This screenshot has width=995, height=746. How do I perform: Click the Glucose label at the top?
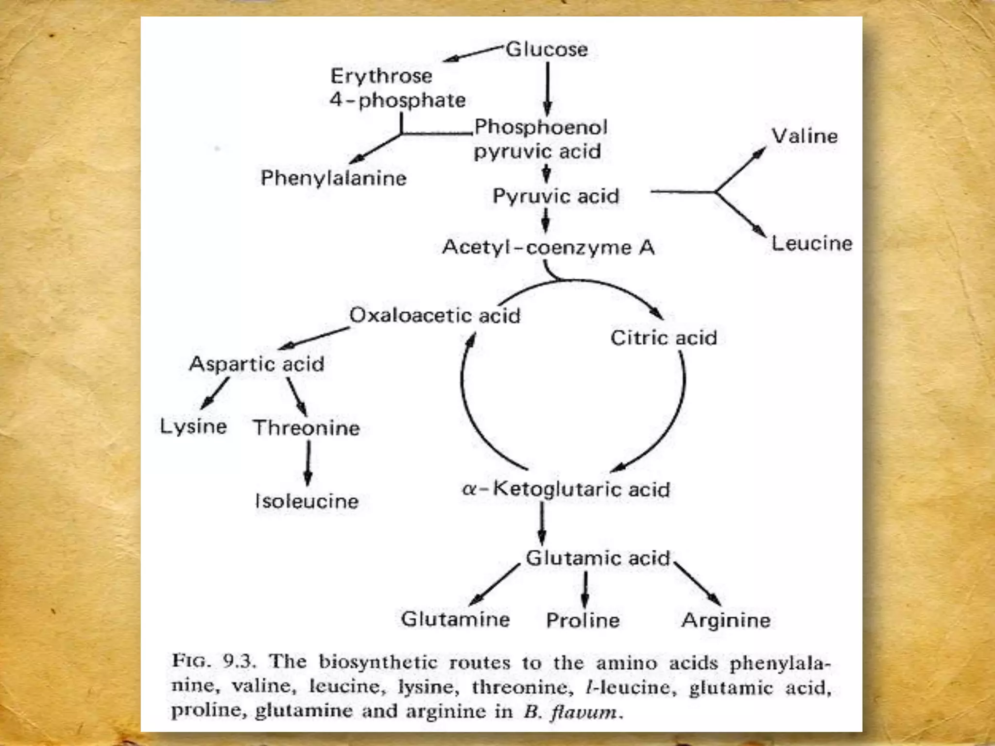point(547,49)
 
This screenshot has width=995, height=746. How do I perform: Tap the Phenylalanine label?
point(333,178)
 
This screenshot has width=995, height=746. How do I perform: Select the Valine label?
point(805,136)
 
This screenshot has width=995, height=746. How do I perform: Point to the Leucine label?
point(812,243)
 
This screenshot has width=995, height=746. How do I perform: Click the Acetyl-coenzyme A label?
point(548,248)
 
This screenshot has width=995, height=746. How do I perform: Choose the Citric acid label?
point(664,338)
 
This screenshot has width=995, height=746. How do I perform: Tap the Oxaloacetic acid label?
point(435,315)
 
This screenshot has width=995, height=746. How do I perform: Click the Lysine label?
point(193,426)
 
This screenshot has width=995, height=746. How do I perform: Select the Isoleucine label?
point(307,501)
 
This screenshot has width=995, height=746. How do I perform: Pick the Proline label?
point(583,620)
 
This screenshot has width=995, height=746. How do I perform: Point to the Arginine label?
point(726,620)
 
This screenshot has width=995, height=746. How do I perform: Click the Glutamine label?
point(455,619)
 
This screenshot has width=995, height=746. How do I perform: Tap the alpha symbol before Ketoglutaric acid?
point(468,489)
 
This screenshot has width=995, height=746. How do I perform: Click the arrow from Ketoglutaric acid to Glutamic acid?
point(542,524)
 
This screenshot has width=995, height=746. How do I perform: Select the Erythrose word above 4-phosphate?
point(381,76)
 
